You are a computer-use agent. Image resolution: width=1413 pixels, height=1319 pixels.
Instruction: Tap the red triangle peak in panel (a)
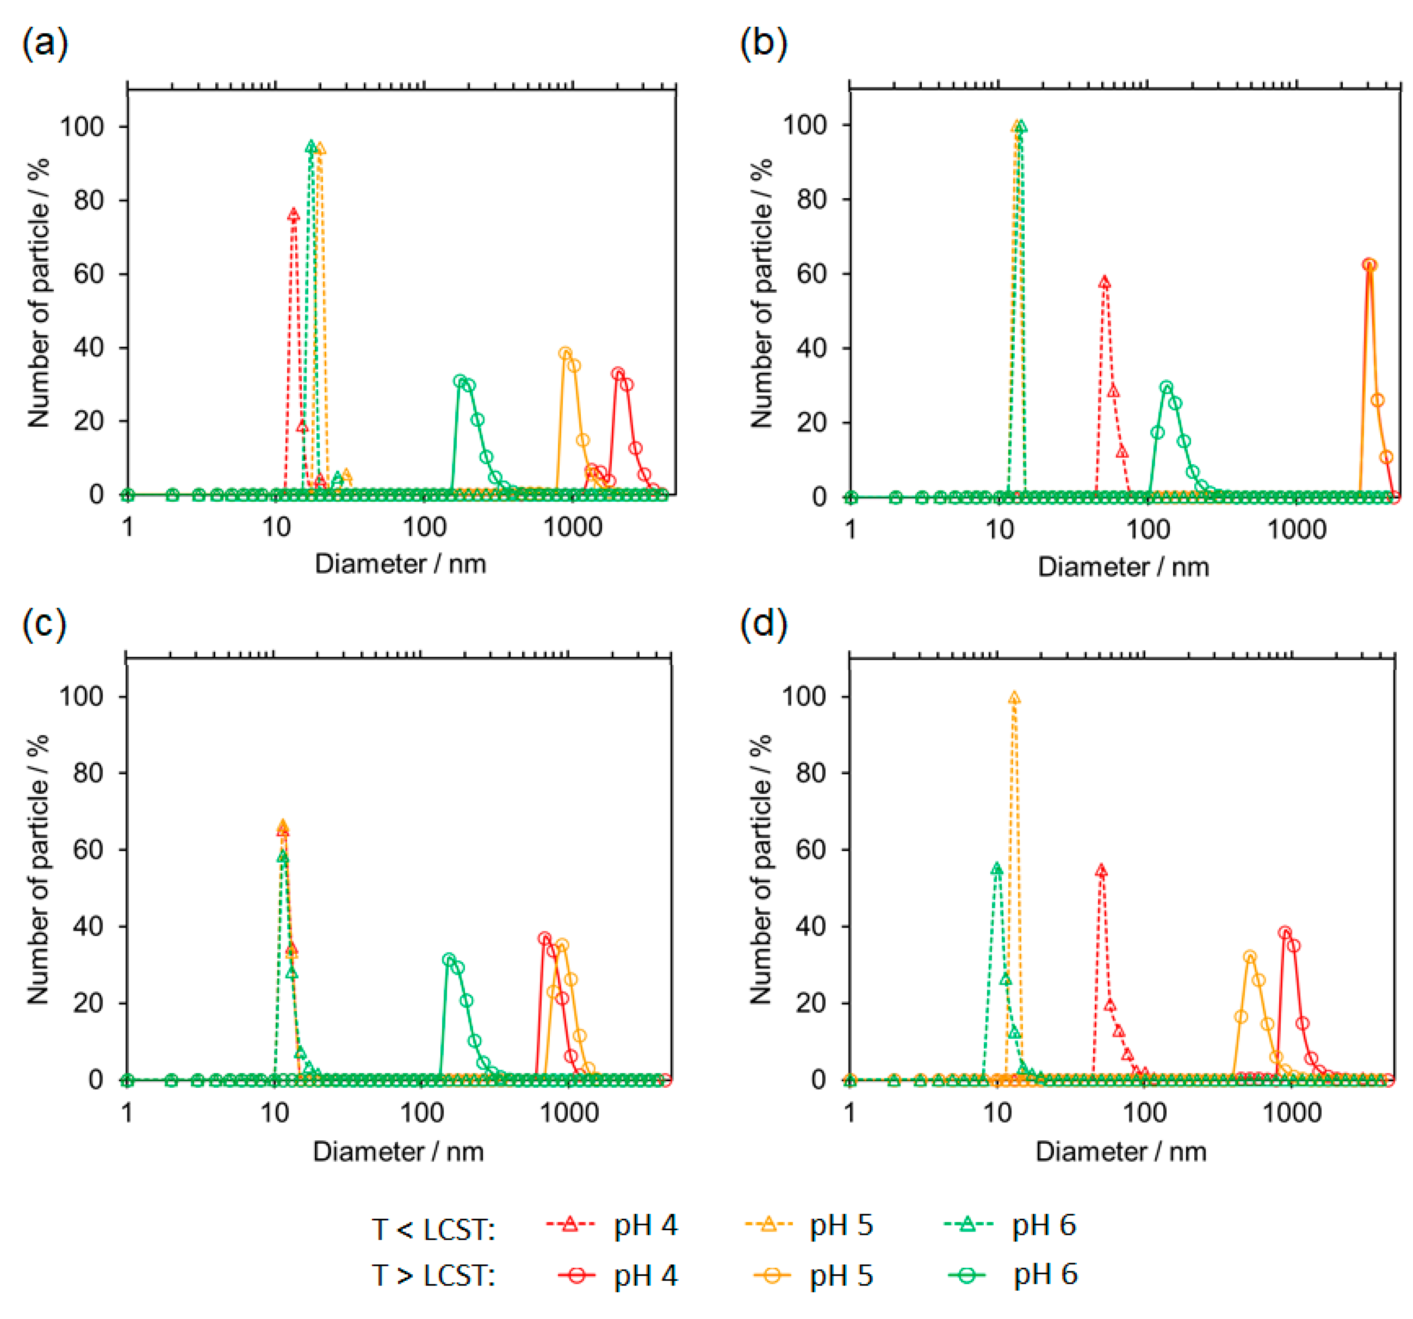(293, 215)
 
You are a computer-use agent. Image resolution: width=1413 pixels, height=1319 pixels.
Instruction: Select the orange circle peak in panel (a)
(566, 354)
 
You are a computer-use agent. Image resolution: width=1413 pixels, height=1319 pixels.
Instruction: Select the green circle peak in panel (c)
(449, 959)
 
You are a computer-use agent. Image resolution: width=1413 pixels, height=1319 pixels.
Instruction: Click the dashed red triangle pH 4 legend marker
(569, 1224)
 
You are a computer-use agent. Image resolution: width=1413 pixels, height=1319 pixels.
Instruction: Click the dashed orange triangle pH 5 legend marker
(768, 1224)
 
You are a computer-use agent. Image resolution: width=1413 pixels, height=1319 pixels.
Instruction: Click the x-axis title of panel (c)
(398, 1151)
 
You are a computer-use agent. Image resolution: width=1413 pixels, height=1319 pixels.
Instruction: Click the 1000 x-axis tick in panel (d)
(1292, 1111)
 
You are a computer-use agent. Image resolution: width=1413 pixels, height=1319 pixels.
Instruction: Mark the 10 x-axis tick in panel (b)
(999, 529)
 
